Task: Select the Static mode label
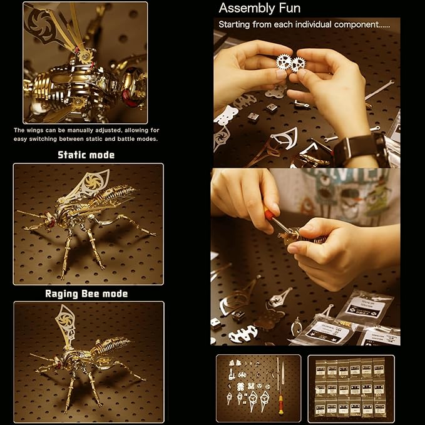[x=86, y=155]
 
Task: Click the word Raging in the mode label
[x=63, y=293]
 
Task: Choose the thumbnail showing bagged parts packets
[x=351, y=388]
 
